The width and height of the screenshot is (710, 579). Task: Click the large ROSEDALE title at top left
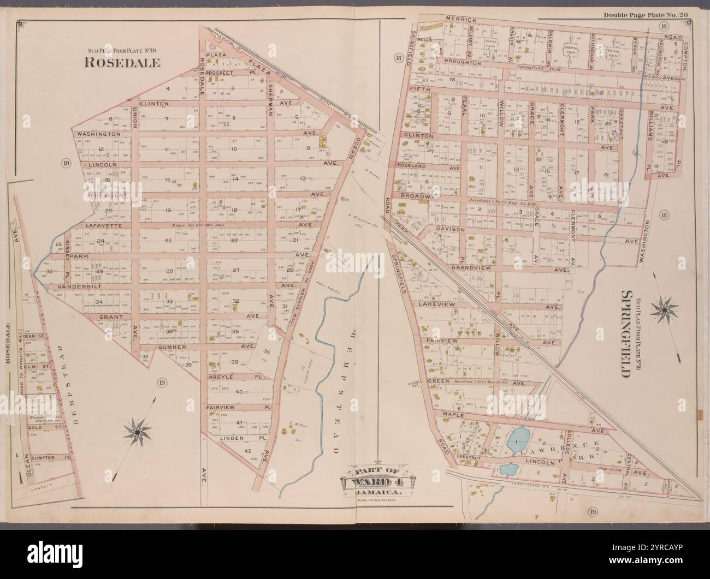[122, 63]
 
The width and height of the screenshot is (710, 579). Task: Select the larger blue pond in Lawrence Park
[517, 438]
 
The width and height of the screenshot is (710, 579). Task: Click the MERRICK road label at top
[461, 20]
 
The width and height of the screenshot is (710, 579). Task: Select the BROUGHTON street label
[462, 63]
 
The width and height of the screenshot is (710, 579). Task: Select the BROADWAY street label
[420, 196]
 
